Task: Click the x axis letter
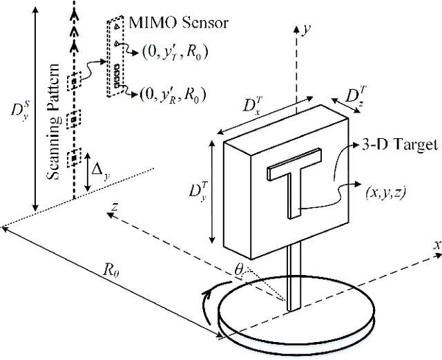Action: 436,244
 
